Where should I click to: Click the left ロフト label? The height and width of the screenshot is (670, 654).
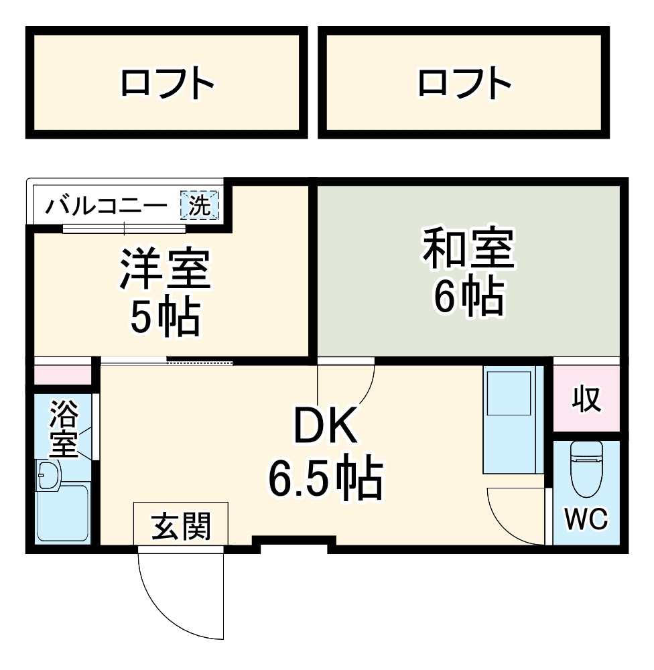tap(168, 84)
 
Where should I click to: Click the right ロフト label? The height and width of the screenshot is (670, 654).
tap(464, 84)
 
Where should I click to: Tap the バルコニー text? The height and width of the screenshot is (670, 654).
tap(107, 206)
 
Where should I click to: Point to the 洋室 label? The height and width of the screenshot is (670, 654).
tap(165, 269)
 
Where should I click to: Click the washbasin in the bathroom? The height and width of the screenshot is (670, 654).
tap(48, 475)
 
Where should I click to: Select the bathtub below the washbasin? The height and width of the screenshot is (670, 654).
tap(62, 514)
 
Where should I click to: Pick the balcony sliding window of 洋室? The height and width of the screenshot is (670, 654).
tap(123, 228)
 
